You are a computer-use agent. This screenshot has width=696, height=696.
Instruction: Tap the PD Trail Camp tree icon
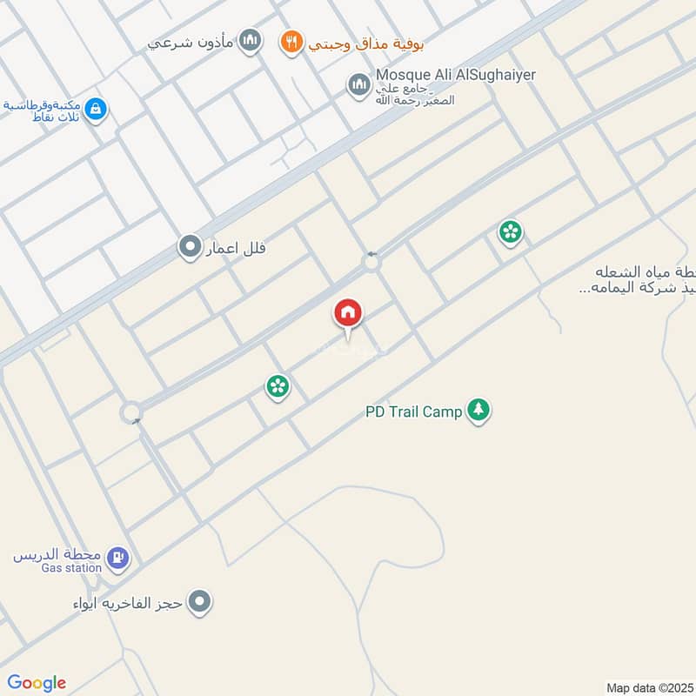click(478, 411)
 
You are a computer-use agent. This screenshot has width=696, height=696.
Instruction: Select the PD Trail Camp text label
click(413, 412)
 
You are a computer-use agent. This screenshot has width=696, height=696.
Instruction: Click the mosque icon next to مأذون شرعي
click(250, 41)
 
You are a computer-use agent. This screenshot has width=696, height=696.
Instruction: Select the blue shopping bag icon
click(97, 110)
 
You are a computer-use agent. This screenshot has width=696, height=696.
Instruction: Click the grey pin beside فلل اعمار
click(189, 248)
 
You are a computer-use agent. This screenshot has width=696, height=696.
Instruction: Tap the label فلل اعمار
click(234, 249)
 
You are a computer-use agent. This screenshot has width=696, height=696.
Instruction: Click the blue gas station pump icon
click(119, 558)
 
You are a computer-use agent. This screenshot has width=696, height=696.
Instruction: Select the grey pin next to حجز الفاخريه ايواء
click(200, 601)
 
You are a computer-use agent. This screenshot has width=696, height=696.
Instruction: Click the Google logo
click(37, 682)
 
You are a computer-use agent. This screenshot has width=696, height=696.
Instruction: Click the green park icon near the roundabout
click(510, 231)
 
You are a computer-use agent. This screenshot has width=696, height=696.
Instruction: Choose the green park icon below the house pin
click(278, 385)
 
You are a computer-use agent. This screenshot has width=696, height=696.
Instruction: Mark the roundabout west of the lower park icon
click(131, 412)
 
